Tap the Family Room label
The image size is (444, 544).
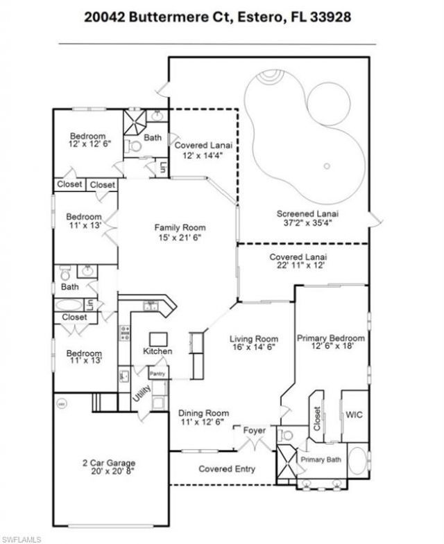point(180,227)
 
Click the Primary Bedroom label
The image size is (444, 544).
point(330,338)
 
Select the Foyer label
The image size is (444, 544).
point(253,430)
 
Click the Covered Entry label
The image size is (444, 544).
point(226,469)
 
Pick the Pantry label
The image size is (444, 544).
point(157,374)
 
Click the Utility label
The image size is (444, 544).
point(141,395)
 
